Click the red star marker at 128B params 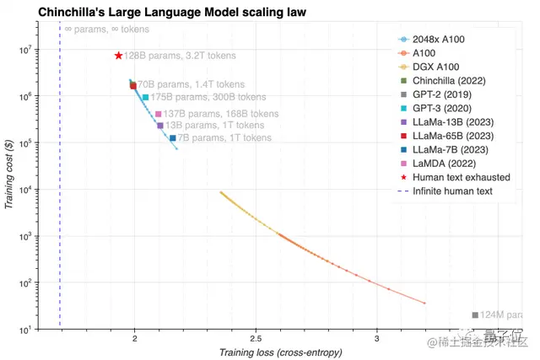pos(119,56)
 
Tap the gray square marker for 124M pos(475,315)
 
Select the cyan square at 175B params pos(146,98)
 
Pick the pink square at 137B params pos(159,114)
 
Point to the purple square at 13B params pos(160,126)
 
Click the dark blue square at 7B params pos(173,138)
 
